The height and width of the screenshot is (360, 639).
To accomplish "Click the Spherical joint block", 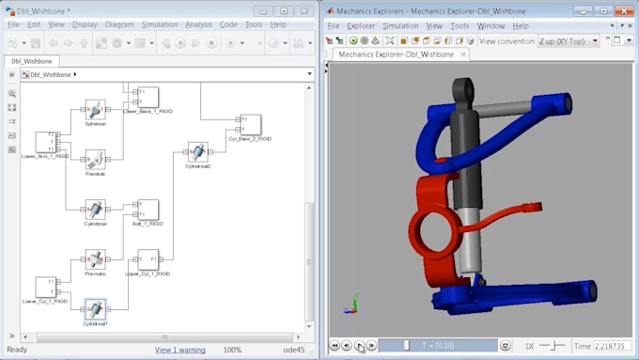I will click(x=95, y=109).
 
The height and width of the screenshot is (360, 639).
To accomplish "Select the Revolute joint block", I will click(x=95, y=159).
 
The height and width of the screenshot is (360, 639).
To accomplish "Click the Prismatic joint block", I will click(x=95, y=259).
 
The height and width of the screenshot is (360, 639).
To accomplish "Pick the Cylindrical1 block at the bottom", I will click(x=95, y=308).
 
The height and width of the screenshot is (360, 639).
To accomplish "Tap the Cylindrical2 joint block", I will click(x=197, y=152).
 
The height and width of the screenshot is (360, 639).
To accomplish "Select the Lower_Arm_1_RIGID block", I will click(x=47, y=142).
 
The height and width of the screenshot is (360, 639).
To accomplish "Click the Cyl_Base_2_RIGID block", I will click(x=250, y=124).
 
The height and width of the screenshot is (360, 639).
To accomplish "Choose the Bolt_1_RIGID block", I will click(x=148, y=210).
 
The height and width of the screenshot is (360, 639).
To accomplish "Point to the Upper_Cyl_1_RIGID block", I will click(x=148, y=259).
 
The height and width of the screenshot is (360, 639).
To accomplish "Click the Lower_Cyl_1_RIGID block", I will click(x=47, y=287).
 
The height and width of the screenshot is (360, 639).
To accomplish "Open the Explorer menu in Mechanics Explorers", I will click(x=361, y=26).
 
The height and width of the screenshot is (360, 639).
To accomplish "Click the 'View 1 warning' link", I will click(x=179, y=350).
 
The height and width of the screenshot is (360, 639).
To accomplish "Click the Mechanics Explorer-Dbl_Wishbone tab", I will click(x=396, y=55).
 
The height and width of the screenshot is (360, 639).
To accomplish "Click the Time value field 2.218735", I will click(x=613, y=346).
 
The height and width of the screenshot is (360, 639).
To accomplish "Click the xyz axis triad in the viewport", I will click(x=353, y=305).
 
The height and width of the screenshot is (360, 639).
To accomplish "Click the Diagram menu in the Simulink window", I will click(x=119, y=24).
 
